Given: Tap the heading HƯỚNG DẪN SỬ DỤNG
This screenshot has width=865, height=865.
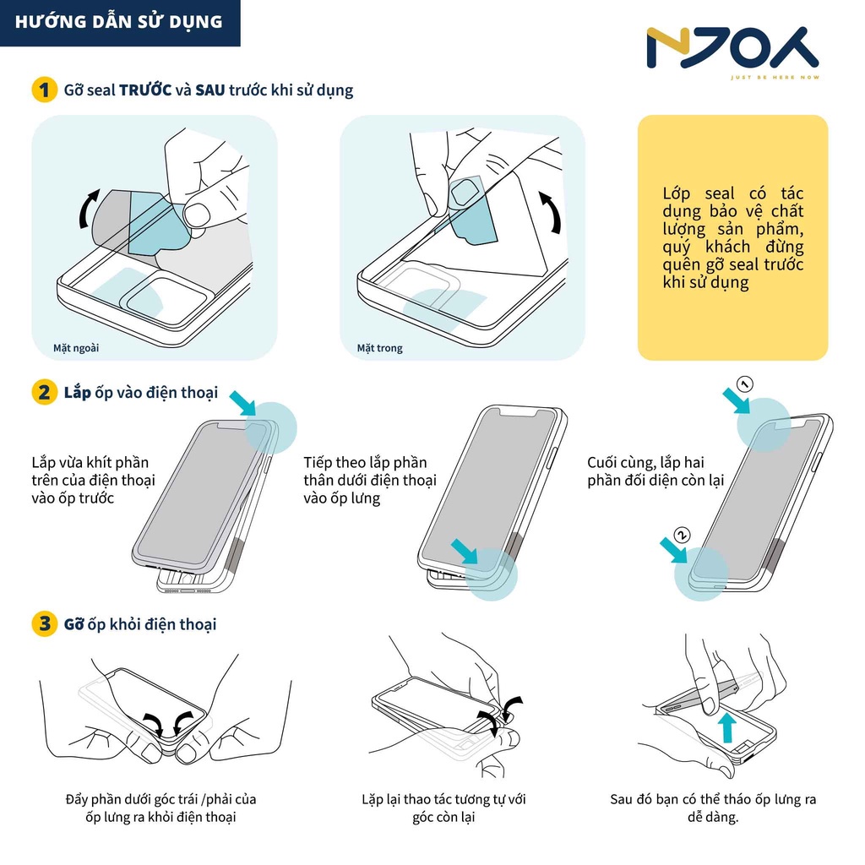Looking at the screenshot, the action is tap(120, 21).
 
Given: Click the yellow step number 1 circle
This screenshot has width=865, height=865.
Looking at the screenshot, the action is tap(44, 90).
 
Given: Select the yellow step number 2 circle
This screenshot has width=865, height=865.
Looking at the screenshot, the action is tap(44, 393).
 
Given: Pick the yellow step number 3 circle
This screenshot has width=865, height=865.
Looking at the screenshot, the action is tap(44, 624).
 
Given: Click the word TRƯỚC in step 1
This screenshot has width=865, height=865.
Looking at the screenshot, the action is tap(145, 90).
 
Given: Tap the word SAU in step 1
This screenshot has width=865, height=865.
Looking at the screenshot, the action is tap(209, 90).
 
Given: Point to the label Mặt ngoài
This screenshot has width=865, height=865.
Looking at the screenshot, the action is tap(64, 347).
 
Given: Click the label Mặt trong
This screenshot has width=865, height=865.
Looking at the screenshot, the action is tap(379, 347).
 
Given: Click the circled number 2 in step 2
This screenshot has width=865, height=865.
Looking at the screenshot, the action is tap(683, 534).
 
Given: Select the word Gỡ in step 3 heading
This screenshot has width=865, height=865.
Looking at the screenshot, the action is tap(73, 624).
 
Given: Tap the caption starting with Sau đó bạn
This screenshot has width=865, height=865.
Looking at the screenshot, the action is tap(713, 808).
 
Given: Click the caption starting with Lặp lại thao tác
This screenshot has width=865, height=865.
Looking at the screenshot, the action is tap(443, 808).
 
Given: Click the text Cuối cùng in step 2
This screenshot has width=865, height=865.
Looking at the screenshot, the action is tap(618, 463).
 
